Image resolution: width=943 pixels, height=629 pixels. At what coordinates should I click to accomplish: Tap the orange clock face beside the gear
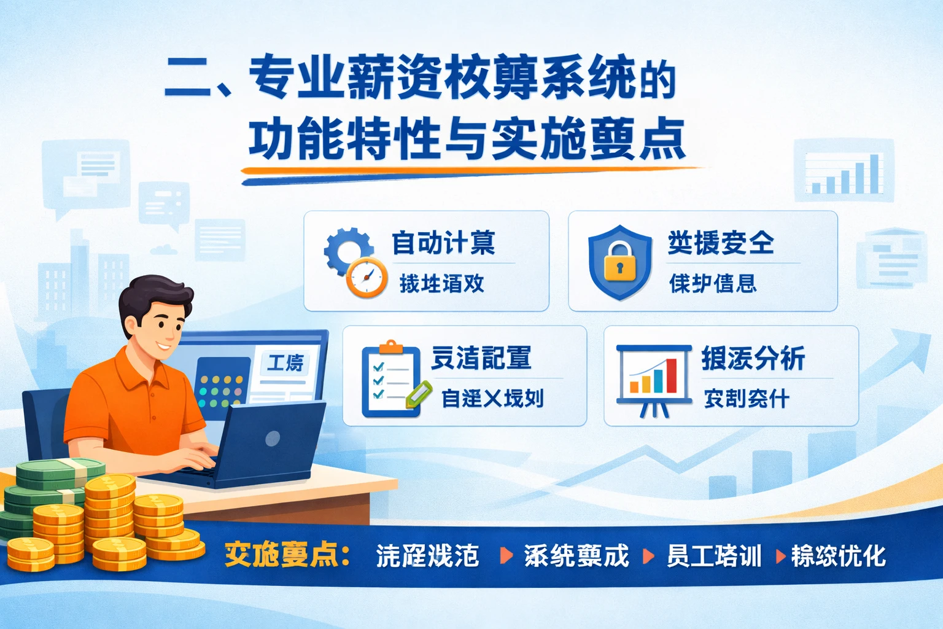367,278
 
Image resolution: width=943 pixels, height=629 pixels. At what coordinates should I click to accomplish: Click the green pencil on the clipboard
417,394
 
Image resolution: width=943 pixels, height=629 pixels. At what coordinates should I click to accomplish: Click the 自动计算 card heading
443,243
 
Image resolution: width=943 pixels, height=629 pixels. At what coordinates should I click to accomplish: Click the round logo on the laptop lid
273,438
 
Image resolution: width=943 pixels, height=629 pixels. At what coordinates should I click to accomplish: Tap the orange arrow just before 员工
648,556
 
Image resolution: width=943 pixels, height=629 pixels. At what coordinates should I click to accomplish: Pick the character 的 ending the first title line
658,80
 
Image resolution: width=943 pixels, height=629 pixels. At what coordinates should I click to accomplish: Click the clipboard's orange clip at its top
390,348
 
